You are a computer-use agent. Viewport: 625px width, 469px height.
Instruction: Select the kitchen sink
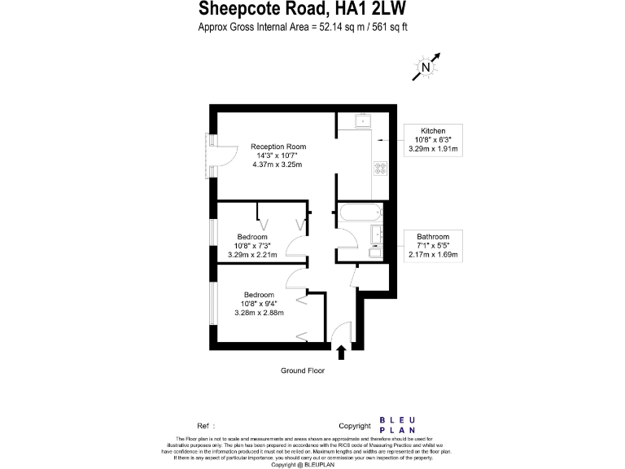[x=360, y=122]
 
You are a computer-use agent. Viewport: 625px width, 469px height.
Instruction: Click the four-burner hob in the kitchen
[x=379, y=169]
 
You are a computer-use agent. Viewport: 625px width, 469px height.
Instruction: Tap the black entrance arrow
[x=340, y=351]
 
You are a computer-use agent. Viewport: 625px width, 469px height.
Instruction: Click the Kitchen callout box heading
[x=433, y=131]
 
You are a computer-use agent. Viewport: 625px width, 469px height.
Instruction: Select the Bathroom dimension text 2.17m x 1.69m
[x=433, y=256]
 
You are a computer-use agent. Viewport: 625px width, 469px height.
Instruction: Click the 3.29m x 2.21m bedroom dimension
[x=252, y=255]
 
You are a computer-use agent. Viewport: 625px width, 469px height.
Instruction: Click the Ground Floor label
[x=303, y=370]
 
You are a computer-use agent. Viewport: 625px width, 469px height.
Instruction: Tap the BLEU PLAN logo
[x=398, y=425]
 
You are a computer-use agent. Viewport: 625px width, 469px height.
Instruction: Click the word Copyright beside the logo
[x=354, y=426]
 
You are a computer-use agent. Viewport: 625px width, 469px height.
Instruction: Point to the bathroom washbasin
[x=376, y=234]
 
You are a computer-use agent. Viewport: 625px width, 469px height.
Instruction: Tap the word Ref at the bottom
[x=204, y=426]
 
